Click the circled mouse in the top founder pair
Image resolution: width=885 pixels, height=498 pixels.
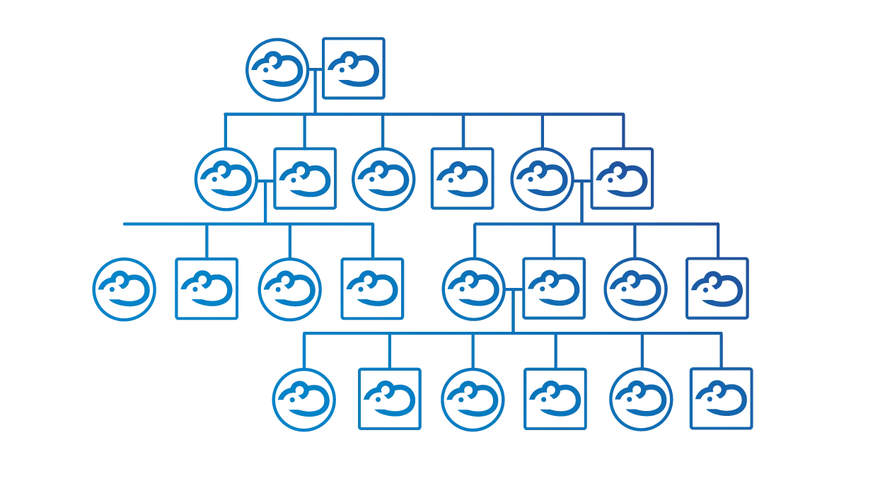pos(277,69)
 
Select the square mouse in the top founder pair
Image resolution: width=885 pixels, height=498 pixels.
pos(354,68)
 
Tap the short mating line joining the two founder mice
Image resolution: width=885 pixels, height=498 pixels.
pos(316,69)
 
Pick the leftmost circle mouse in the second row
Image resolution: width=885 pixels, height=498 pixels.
pos(226,179)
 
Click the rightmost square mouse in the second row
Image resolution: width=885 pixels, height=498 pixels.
pos(622,178)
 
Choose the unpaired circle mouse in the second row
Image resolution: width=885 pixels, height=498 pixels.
pos(383,179)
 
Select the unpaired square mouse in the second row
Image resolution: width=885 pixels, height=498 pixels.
pos(462,178)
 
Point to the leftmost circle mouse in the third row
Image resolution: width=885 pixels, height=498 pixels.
pos(125,289)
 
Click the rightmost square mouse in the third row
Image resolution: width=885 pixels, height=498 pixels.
pos(717,289)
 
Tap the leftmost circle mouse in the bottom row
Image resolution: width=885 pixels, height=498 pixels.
pos(304,400)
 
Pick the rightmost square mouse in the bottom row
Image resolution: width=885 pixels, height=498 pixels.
pos(721,398)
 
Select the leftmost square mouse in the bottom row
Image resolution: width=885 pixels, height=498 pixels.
pos(389,398)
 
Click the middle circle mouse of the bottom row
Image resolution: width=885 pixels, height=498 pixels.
pos(473,400)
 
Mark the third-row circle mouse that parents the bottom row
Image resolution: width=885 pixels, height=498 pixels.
pos(474,289)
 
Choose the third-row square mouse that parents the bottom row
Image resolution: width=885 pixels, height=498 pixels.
pos(554,289)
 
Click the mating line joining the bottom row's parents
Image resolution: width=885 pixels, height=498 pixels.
pos(514,289)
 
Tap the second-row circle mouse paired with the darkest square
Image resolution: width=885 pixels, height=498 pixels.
pos(542,179)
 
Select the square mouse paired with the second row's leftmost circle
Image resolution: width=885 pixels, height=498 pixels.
pos(305,178)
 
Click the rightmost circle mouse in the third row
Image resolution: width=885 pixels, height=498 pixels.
pos(635,289)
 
